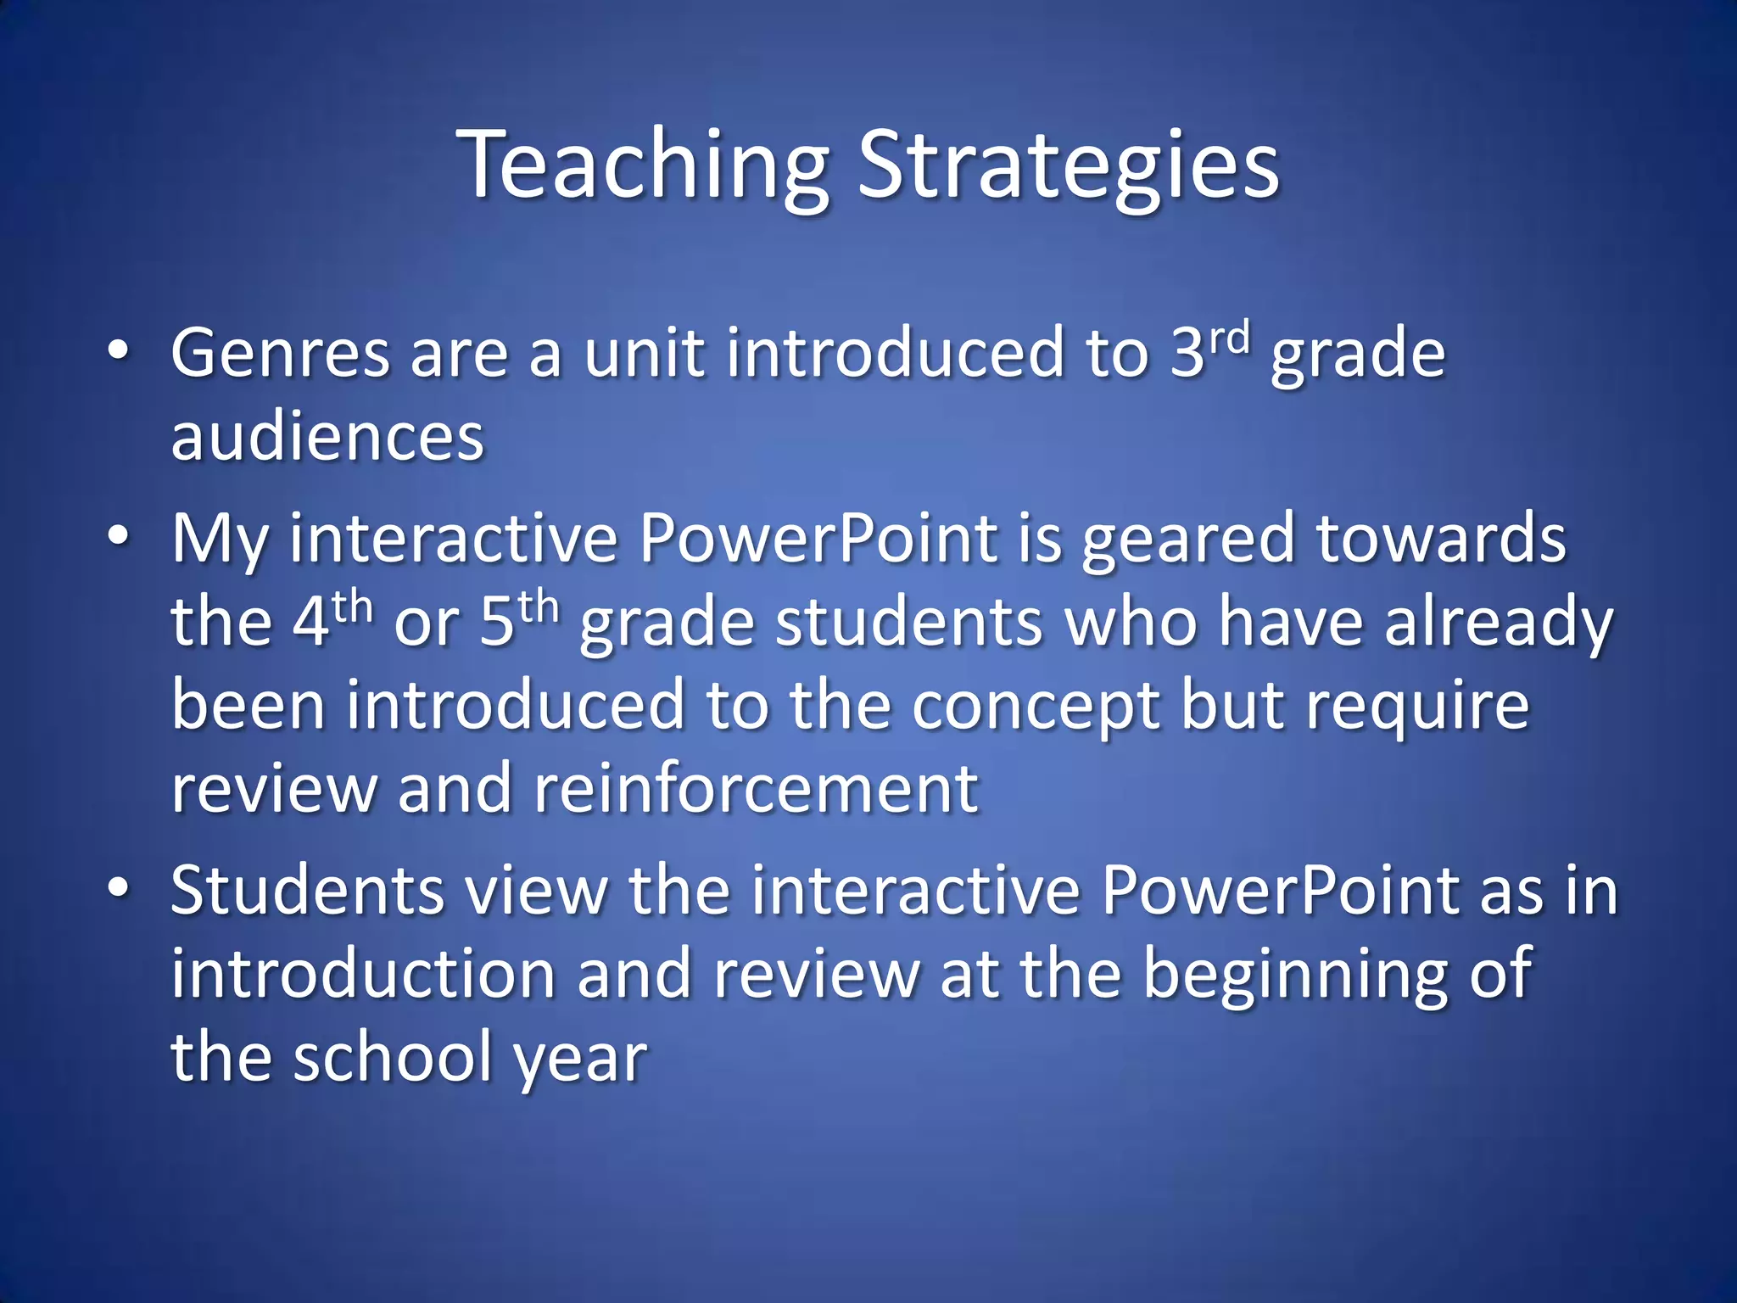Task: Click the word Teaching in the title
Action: tap(642, 165)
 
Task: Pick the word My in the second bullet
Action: tap(219, 540)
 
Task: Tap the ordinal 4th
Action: tap(332, 619)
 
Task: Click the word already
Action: tap(1499, 623)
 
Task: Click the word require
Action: tap(1417, 706)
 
